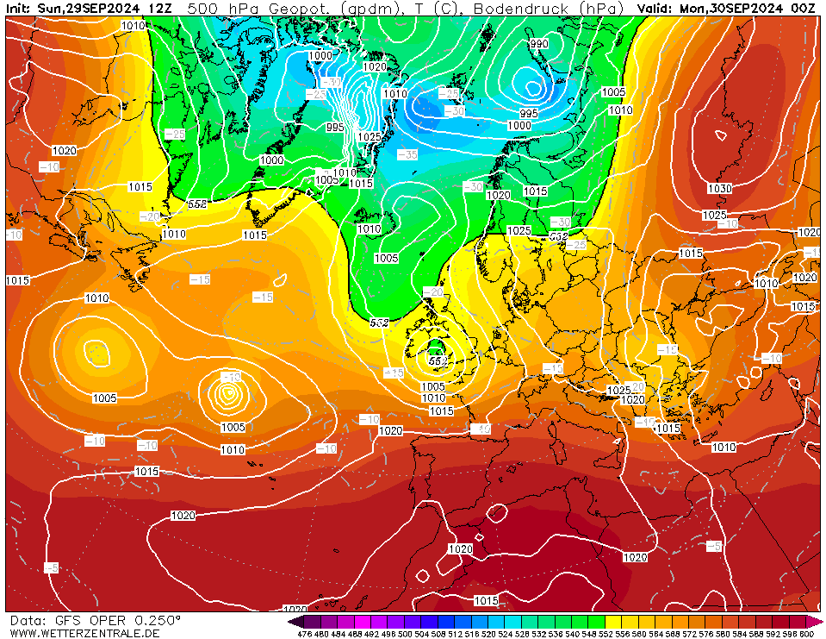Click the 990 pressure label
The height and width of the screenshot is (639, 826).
pos(539,44)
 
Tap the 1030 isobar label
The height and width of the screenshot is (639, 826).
pos(719,189)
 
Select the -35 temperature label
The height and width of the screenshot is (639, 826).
pos(407,154)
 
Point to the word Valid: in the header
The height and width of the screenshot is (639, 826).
pos(656,8)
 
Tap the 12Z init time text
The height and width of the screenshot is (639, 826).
pos(159,8)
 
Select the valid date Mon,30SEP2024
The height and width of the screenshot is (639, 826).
pos(737,8)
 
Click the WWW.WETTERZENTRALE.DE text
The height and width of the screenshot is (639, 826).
pos(84,633)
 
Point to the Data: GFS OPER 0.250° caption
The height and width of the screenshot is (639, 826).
pos(95,620)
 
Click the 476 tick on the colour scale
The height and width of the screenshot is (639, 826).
pos(304,634)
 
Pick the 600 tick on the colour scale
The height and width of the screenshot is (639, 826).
pos(806,634)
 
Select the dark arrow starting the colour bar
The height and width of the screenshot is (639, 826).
pos(295,621)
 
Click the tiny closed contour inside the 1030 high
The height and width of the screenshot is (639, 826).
pos(720,135)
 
